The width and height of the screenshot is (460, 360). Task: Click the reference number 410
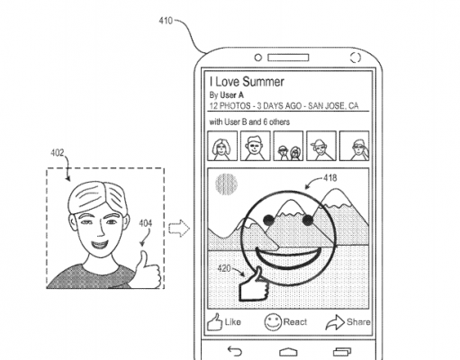[x=166, y=21]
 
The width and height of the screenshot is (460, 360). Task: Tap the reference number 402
[x=57, y=153]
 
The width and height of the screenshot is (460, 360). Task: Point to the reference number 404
[x=145, y=223]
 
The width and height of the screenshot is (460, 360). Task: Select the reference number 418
[x=330, y=178]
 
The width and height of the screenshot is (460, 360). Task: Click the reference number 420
[x=224, y=268]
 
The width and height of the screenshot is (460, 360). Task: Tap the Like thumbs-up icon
[x=214, y=322]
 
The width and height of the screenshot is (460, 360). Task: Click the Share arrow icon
[x=335, y=322]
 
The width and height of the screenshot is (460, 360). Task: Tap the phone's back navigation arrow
[x=235, y=351]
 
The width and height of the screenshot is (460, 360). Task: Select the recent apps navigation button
[x=342, y=351]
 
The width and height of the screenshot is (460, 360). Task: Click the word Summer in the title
[x=263, y=82]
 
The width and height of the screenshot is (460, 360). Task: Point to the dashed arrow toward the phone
[x=179, y=229]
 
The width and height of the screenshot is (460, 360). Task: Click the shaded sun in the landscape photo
[x=226, y=184]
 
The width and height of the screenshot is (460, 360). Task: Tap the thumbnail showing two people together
[x=288, y=146]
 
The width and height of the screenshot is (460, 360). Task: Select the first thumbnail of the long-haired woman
[x=222, y=146]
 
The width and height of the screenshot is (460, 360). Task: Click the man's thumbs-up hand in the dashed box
[x=148, y=270]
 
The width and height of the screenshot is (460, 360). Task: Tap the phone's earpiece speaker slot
[x=288, y=58]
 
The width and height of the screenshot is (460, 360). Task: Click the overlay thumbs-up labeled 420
[x=254, y=284]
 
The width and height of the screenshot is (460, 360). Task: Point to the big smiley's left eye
[x=268, y=220]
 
